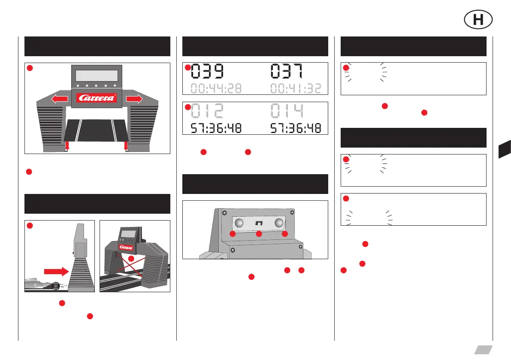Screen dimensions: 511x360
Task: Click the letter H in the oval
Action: pyautogui.click(x=478, y=20)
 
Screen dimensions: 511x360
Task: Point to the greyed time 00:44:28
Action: pyautogui.click(x=216, y=88)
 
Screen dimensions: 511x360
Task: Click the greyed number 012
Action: pyautogui.click(x=207, y=111)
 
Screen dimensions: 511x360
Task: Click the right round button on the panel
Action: pyautogui.click(x=280, y=223)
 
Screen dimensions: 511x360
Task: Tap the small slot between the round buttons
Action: pyautogui.click(x=259, y=224)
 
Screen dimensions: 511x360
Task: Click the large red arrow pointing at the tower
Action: pyautogui.click(x=55, y=271)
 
